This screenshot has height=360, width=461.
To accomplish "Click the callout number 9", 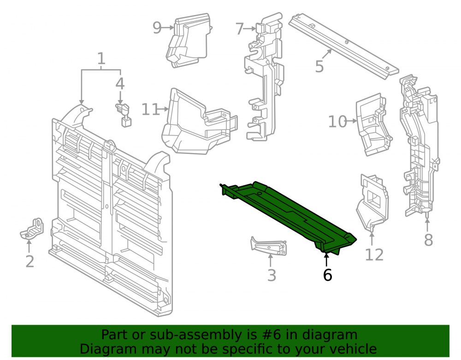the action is [157, 28].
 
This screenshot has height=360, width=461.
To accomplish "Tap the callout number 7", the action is [240, 29].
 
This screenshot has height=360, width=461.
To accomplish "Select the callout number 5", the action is [319, 66].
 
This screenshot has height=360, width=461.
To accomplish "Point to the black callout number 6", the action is [327, 275].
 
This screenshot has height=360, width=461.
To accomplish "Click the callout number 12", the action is [374, 254].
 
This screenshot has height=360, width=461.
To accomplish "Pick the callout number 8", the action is [428, 240].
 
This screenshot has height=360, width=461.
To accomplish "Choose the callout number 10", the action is [337, 121].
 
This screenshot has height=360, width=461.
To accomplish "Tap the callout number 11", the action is [150, 109].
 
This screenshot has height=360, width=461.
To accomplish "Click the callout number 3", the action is [272, 275].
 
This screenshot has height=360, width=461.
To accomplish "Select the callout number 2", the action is [30, 261].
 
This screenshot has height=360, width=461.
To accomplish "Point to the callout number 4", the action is [120, 84].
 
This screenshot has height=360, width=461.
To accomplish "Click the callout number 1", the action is [101, 59].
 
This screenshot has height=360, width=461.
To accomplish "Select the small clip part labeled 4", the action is [124, 115].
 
